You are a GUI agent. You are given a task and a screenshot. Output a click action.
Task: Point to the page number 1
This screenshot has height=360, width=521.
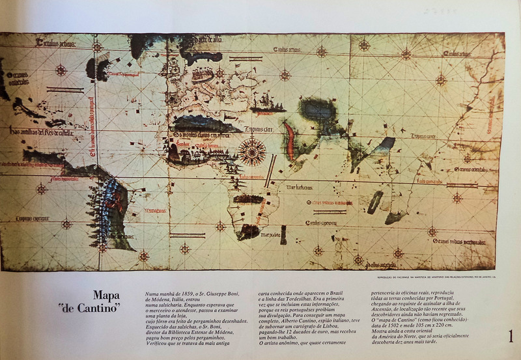(x=511, y=337)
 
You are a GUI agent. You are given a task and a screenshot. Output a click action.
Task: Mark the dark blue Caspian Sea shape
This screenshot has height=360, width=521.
(x=319, y=108)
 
